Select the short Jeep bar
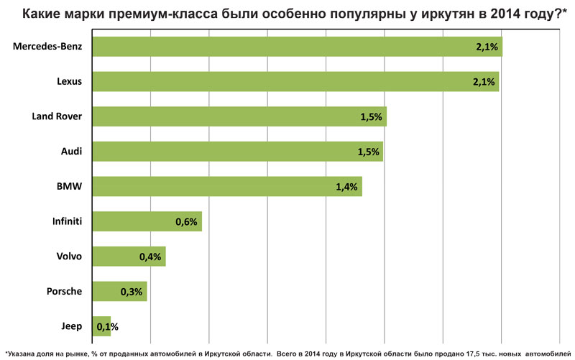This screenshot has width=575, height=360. pos(101,326)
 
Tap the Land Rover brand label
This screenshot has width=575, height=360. pos(57,116)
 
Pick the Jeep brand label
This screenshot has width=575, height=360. pos(72,326)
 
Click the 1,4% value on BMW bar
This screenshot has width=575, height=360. pos(346,187)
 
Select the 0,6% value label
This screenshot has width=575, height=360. pos(186,222)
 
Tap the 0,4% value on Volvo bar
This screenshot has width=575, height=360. pos(150,257)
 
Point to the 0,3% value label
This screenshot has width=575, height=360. pos(132,292)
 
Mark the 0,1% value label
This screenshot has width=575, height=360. pos(107,327)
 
